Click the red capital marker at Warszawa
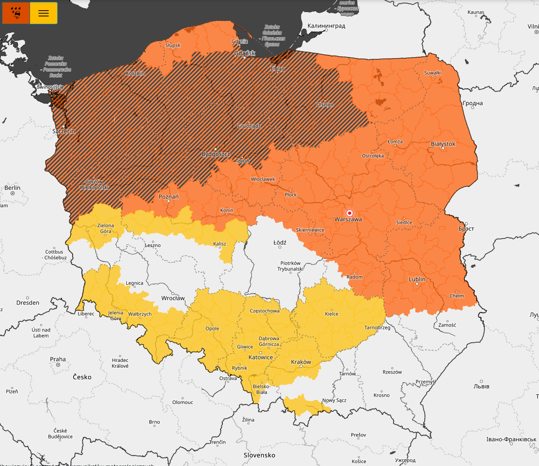(349, 213)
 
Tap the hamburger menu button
(44, 13)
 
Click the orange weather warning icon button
(16, 13)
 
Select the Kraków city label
(301, 362)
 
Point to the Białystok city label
(443, 144)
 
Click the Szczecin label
(63, 131)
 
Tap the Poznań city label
(169, 197)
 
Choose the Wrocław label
(173, 298)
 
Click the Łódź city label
(280, 242)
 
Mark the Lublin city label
(417, 280)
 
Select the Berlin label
(13, 187)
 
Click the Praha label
(58, 359)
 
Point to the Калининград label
(326, 26)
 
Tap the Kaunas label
(476, 12)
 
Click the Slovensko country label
(259, 455)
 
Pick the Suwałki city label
(432, 73)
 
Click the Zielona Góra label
(106, 228)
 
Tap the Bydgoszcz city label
(215, 154)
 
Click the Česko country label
(82, 376)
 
